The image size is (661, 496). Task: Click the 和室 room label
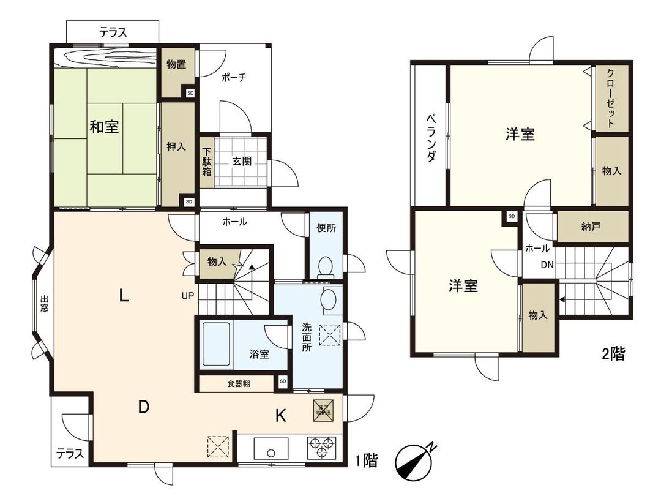(104, 127)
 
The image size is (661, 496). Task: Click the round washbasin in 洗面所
(329, 299)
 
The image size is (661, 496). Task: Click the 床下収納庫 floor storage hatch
(323, 408)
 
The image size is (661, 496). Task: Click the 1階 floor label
(366, 461)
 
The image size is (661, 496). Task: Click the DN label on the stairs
(547, 265)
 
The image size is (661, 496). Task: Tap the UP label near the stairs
(187, 295)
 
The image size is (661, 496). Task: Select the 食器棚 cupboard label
(239, 384)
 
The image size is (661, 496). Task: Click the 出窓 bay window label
(44, 304)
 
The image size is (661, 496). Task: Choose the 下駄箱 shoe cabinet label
(207, 162)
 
